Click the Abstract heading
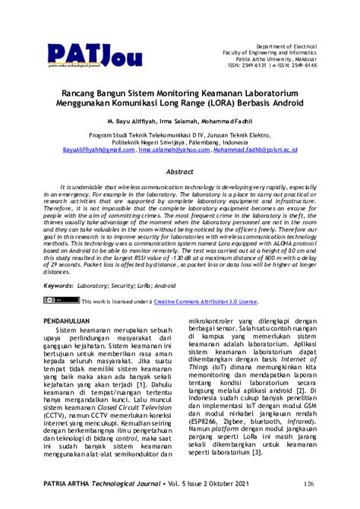click(x=180, y=172)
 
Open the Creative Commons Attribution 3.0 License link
click(x=207, y=301)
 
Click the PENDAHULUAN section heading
click(x=72, y=321)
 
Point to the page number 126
click(x=309, y=482)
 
